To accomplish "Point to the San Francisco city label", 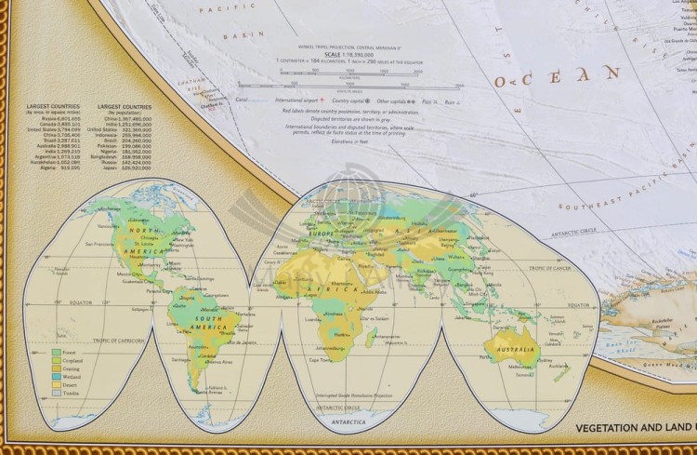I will [99, 244].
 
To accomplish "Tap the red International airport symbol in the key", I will [321, 99].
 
